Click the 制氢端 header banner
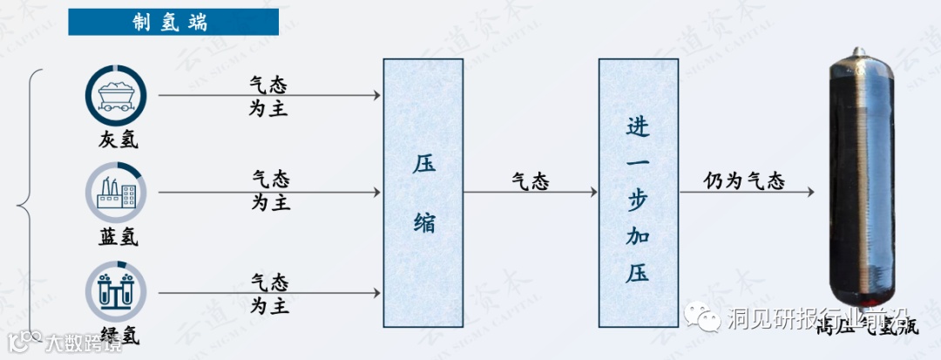173,22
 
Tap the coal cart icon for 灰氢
117,96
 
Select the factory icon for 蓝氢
117,194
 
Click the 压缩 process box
423,193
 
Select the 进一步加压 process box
639,193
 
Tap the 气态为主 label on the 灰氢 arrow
269,96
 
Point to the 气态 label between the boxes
530,181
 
